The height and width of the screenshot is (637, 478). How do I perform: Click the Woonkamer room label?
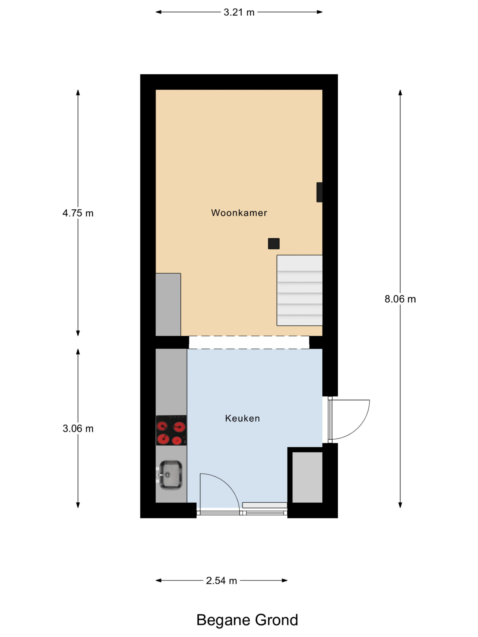[x=239, y=213]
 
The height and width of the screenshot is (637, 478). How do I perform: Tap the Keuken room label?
[x=242, y=418]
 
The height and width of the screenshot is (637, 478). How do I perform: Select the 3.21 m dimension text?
[x=239, y=12]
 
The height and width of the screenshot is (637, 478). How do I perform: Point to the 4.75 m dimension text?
[x=78, y=213]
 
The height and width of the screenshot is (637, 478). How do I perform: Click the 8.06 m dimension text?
[x=400, y=299]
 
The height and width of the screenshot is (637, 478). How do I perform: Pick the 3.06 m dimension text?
[x=78, y=429]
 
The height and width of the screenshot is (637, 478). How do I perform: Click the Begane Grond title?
[x=247, y=620]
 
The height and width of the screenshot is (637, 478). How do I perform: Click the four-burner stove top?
[x=171, y=430]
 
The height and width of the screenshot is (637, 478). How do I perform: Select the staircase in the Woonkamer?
[x=299, y=290]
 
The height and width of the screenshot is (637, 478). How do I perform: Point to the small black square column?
[x=274, y=244]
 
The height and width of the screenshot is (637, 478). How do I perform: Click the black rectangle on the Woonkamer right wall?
[x=319, y=192]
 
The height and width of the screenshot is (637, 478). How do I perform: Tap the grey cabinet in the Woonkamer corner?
[x=168, y=304]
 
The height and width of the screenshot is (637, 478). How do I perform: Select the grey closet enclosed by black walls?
[x=307, y=477]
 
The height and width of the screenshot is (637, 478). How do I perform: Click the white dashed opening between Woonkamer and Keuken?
[x=249, y=342]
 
